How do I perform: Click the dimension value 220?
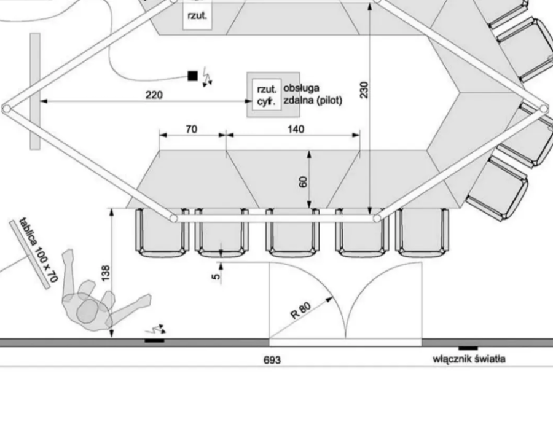click(x=154, y=95)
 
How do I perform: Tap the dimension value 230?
click(x=364, y=90)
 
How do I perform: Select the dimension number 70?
click(x=192, y=130)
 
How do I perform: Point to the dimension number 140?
click(x=296, y=130)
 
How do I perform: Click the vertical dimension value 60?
click(x=303, y=182)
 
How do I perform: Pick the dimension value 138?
click(x=106, y=273)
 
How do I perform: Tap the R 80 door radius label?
click(x=301, y=310)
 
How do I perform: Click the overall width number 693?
click(x=272, y=360)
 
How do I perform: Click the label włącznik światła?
click(x=469, y=359)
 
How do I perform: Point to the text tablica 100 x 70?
click(x=38, y=250)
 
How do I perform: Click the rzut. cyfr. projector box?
click(x=267, y=95)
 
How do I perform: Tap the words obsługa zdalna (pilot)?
click(x=313, y=95)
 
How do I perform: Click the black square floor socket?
click(x=192, y=76)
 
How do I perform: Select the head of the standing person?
click(x=87, y=311)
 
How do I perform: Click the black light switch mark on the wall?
click(x=468, y=348)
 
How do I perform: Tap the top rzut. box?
click(x=197, y=15)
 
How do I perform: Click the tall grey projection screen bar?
click(x=35, y=92)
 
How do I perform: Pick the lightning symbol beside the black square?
click(x=207, y=77)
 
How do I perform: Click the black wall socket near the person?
click(x=154, y=341)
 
